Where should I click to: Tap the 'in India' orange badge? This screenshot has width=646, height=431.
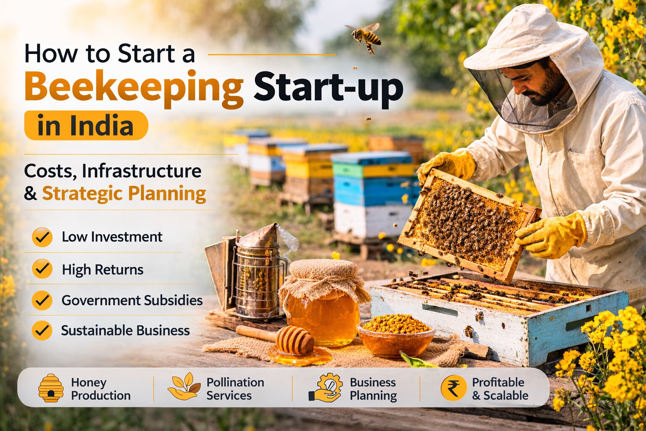pyautogui.click(x=86, y=125)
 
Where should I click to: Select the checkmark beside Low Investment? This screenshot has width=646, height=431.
pyautogui.click(x=42, y=237)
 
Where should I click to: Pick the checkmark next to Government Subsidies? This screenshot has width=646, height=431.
pyautogui.click(x=42, y=301)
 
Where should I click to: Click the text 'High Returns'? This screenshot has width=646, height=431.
pyautogui.click(x=103, y=269)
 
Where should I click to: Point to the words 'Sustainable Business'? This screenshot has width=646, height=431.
pyautogui.click(x=125, y=330)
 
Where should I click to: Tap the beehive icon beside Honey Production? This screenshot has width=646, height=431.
pyautogui.click(x=51, y=388)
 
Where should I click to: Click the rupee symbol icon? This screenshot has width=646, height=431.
pyautogui.click(x=453, y=388)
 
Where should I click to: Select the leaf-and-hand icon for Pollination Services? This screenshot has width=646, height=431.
pyautogui.click(x=184, y=386)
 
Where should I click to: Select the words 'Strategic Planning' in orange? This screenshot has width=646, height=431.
pyautogui.click(x=124, y=194)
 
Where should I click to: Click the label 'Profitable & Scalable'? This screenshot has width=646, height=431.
pyautogui.click(x=500, y=388)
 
